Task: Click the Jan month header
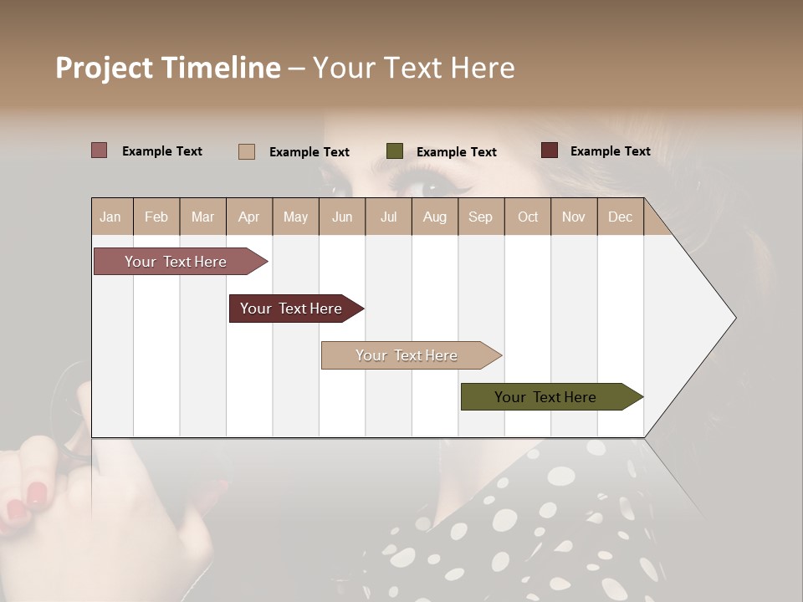click(110, 217)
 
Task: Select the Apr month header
click(248, 217)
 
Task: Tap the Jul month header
click(388, 217)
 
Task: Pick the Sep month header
click(480, 217)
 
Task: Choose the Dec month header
click(620, 217)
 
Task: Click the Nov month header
click(573, 217)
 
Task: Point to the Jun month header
click(342, 217)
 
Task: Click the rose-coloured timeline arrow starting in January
click(176, 262)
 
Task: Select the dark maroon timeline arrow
click(291, 309)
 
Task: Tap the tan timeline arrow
click(407, 355)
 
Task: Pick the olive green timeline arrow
click(545, 397)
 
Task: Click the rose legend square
click(99, 150)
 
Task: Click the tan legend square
click(246, 151)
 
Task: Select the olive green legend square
click(395, 151)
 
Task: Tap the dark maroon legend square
click(549, 150)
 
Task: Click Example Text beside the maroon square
click(610, 151)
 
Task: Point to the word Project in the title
click(104, 68)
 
